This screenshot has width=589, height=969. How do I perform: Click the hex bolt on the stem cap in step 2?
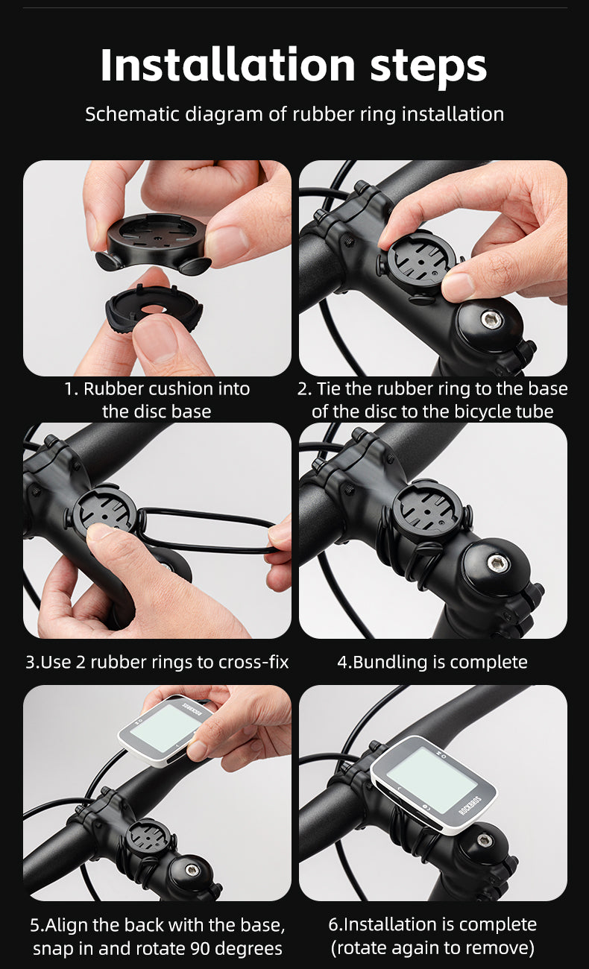[x=491, y=320]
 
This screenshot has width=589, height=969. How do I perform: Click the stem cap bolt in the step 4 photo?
[x=497, y=563]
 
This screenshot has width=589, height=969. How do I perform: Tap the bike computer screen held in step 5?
[x=166, y=727]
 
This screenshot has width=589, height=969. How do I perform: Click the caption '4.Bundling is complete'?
[x=432, y=662]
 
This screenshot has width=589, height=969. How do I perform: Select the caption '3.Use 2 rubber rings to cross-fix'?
[x=157, y=662]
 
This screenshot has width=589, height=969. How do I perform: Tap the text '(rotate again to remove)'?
[x=432, y=948]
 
